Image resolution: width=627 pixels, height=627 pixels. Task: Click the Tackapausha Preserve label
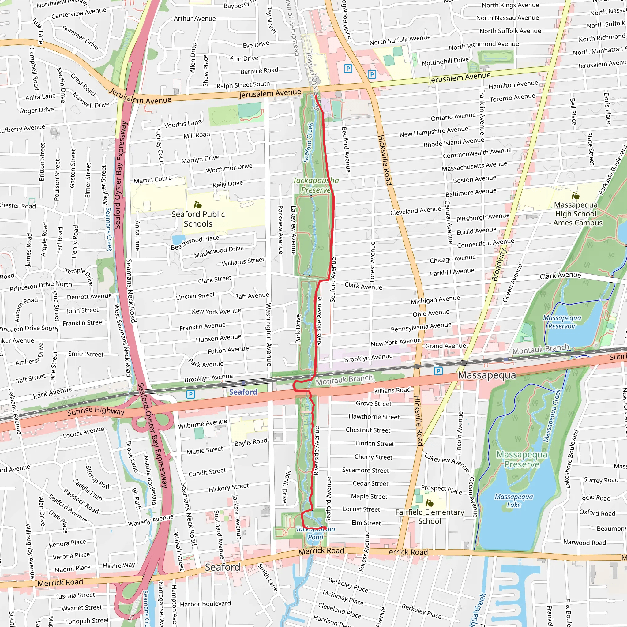(316, 185)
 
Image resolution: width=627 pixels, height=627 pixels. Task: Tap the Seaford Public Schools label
(198, 219)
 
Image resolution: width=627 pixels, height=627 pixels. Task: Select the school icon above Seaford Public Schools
(198, 205)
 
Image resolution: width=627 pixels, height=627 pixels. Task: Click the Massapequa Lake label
(514, 501)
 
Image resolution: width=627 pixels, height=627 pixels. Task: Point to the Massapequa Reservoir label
(562, 322)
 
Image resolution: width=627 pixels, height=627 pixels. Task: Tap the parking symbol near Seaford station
(191, 394)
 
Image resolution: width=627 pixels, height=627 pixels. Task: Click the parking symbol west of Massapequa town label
(438, 371)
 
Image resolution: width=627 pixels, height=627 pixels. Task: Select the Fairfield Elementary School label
(429, 517)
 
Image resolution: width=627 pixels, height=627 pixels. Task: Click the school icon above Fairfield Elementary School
(429, 503)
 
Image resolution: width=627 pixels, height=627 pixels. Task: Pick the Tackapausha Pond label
(315, 533)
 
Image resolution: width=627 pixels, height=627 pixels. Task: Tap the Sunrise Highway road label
(96, 411)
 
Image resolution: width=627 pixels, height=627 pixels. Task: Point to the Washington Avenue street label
(269, 334)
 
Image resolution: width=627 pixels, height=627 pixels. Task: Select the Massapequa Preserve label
(521, 459)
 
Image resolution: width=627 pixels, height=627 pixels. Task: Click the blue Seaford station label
(243, 392)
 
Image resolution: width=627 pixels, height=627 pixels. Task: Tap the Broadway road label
(499, 265)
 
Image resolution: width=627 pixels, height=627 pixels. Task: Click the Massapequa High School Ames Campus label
(576, 214)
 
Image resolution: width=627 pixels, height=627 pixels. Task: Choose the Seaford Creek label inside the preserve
(308, 142)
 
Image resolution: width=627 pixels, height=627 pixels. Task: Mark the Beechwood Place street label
(195, 242)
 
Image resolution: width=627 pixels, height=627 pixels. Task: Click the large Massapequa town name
(487, 375)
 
